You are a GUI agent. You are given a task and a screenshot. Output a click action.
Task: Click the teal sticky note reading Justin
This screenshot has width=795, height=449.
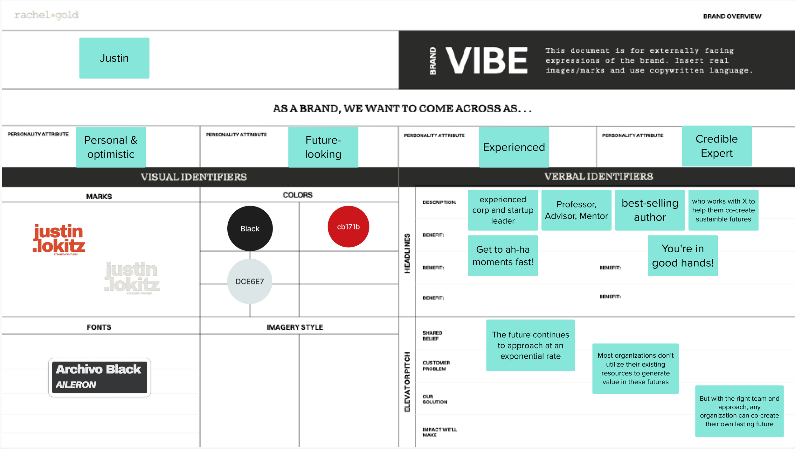pyautogui.click(x=114, y=58)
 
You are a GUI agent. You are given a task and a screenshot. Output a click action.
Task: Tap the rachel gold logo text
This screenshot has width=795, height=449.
pyautogui.click(x=46, y=15)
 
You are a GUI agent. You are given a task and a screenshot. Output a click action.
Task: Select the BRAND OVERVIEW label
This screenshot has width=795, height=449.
pyautogui.click(x=732, y=16)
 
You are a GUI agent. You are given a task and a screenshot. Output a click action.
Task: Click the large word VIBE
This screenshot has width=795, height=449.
pyautogui.click(x=487, y=60)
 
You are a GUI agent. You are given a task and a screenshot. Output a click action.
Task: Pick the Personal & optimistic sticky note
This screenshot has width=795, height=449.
pyautogui.click(x=111, y=147)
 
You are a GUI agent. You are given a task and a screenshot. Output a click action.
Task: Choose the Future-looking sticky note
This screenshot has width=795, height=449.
pyautogui.click(x=323, y=147)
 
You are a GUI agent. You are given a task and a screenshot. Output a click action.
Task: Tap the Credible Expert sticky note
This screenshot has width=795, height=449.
pyautogui.click(x=716, y=146)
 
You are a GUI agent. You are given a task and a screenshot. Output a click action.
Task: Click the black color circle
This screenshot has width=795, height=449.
pyautogui.click(x=250, y=228)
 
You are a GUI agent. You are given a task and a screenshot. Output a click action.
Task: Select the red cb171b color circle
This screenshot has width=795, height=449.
pyautogui.click(x=348, y=227)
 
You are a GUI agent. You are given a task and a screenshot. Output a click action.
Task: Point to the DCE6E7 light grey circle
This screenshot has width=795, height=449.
pyautogui.click(x=250, y=281)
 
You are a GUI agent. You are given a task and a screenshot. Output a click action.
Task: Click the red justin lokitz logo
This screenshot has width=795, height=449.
pyautogui.click(x=59, y=239)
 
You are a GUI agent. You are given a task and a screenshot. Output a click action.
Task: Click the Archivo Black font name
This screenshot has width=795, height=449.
pyautogui.click(x=99, y=369)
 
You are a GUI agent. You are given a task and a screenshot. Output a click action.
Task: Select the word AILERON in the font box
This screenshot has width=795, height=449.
pyautogui.click(x=76, y=385)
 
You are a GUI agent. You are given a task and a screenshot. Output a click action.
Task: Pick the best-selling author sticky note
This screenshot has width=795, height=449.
pyautogui.click(x=650, y=210)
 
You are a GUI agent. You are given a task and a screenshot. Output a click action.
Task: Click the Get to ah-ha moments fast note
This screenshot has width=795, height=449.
pyautogui.click(x=503, y=256)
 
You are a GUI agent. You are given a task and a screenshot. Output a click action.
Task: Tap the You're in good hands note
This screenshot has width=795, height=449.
pyautogui.click(x=682, y=256)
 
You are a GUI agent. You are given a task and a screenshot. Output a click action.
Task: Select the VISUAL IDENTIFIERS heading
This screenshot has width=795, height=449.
pyautogui.click(x=194, y=177)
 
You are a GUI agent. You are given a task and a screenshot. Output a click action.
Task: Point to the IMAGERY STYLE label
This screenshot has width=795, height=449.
pyautogui.click(x=295, y=327)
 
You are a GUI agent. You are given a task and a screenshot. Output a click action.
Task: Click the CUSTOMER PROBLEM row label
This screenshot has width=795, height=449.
pyautogui.click(x=436, y=366)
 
